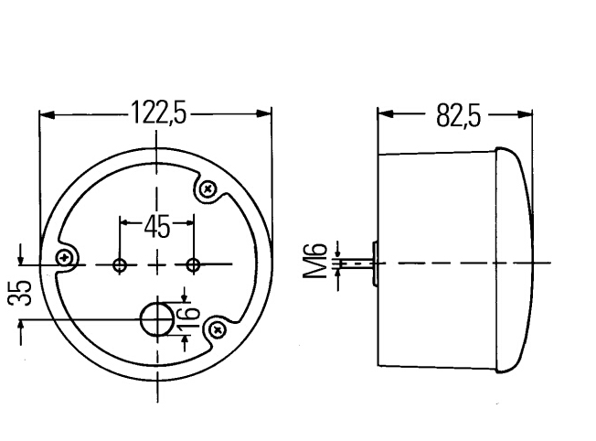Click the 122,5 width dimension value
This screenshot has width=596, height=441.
pos(159,113)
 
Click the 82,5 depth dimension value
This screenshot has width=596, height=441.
pos(458,115)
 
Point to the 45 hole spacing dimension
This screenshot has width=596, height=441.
pos(157,228)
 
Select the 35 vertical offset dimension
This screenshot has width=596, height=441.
pos(20,293)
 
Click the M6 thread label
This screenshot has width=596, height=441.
pos(314,261)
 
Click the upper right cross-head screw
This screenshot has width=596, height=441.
pos(208,188)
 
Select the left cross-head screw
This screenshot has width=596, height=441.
pos(64,258)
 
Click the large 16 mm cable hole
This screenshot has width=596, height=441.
pos(157,319)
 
